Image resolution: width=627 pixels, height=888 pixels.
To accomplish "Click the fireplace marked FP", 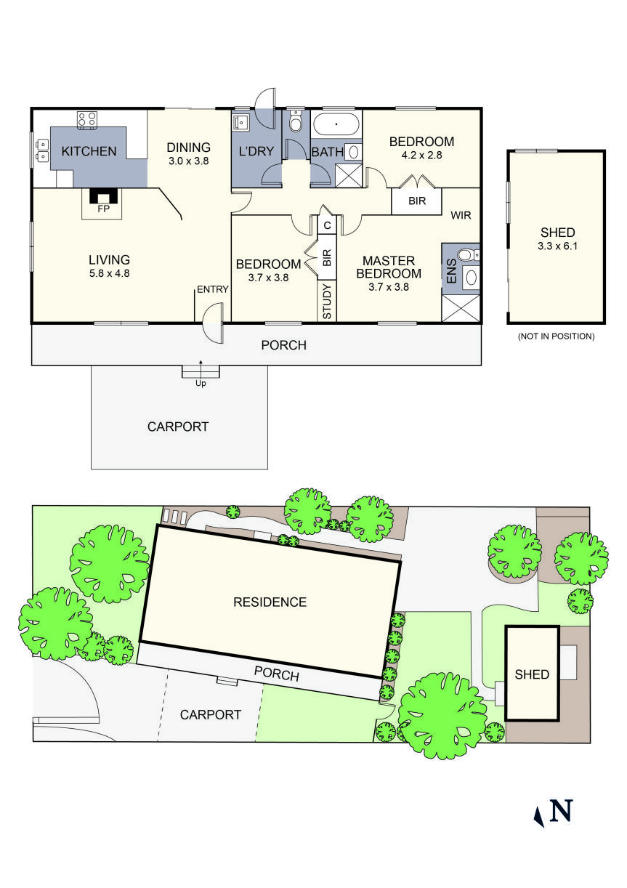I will pyautogui.click(x=101, y=198).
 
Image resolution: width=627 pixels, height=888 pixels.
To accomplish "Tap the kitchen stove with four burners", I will pyautogui.click(x=88, y=120).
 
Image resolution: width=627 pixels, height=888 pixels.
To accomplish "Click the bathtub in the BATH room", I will pyautogui.click(x=336, y=124).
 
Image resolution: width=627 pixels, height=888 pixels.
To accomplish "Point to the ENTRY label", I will pyautogui.click(x=212, y=289).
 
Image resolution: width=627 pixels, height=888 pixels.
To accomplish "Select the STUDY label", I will pyautogui.click(x=327, y=302).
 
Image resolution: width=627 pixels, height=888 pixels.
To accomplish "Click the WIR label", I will pyautogui.click(x=462, y=216).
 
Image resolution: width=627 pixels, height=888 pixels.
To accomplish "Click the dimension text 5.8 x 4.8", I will pyautogui.click(x=109, y=274).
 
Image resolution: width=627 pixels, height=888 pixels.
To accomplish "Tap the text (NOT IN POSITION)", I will pyautogui.click(x=556, y=336).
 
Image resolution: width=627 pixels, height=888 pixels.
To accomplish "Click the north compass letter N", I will pyautogui.click(x=561, y=810).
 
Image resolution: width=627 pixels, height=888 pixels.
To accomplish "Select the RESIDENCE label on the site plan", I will pyautogui.click(x=270, y=602).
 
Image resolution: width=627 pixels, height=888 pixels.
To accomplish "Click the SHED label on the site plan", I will pyautogui.click(x=532, y=674).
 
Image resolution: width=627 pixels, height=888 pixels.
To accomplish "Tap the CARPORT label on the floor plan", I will pyautogui.click(x=178, y=427).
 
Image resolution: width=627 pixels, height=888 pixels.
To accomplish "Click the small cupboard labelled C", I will pyautogui.click(x=327, y=225).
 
